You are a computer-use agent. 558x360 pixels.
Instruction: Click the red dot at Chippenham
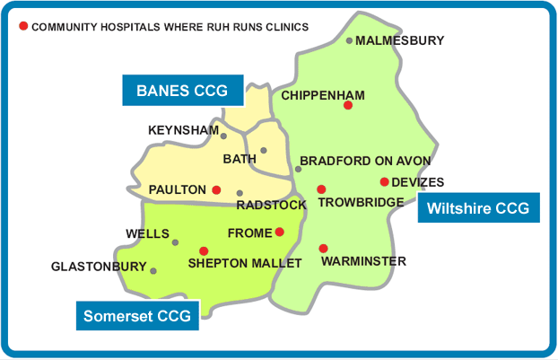point(348,106)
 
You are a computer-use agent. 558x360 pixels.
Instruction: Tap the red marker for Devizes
point(384,182)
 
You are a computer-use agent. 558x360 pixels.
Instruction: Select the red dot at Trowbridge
point(321,189)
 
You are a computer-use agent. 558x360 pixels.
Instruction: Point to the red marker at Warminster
point(323,249)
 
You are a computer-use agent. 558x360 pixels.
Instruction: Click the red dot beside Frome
point(280,232)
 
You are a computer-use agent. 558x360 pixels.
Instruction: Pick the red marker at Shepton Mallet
point(204,250)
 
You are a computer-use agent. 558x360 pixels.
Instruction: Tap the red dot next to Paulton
point(216,189)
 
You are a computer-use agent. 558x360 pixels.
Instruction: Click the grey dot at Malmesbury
point(350,40)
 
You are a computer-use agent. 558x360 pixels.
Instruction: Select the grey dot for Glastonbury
point(153,270)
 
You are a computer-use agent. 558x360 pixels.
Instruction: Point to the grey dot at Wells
point(176,242)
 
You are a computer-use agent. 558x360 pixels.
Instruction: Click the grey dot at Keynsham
point(223,136)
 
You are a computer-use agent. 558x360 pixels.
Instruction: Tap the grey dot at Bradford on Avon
point(298,169)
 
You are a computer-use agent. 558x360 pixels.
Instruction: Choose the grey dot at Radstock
point(240,193)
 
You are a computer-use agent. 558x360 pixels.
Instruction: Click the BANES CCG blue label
point(183,91)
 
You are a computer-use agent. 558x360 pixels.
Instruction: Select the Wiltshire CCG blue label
point(478,208)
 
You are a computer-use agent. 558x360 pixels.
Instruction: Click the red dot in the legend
point(23,27)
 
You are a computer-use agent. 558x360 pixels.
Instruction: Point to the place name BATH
point(240,160)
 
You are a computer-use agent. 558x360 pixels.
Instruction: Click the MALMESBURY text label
point(400,40)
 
